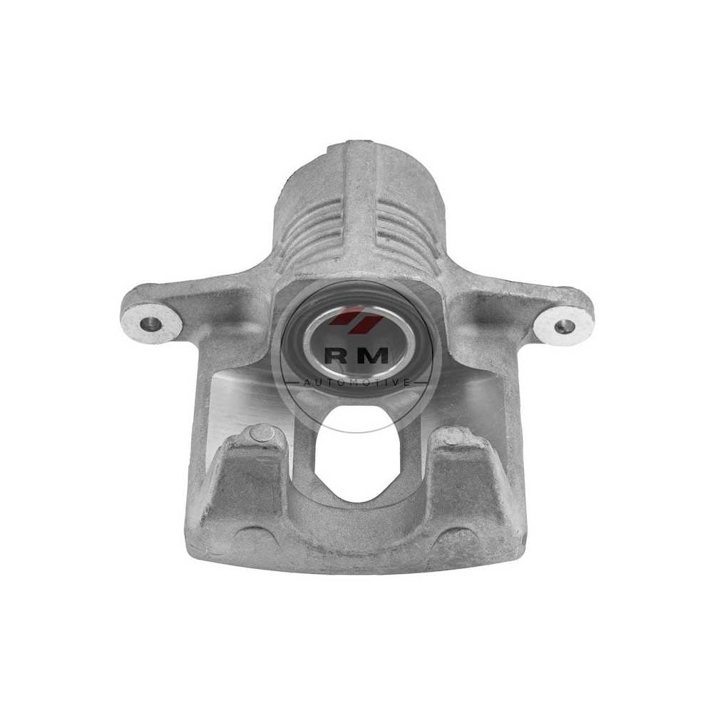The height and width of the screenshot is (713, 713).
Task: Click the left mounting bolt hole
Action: pyautogui.click(x=151, y=324)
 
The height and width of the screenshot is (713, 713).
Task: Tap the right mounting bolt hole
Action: pyautogui.click(x=563, y=326)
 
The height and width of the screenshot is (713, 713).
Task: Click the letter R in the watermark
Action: pyautogui.click(x=335, y=356)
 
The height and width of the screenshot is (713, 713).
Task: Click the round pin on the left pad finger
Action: pyautogui.click(x=262, y=433)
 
